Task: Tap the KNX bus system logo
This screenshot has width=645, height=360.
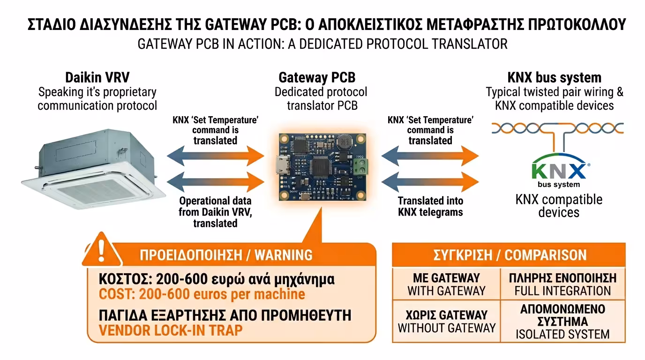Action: click(559, 171)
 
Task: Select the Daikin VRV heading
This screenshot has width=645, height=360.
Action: click(97, 77)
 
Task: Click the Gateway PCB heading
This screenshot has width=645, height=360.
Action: click(317, 77)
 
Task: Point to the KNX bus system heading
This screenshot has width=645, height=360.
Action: click(554, 77)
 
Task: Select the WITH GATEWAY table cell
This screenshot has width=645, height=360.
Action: click(446, 285)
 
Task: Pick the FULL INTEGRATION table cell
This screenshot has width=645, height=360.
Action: click(562, 285)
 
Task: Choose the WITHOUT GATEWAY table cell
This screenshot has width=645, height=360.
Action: click(446, 321)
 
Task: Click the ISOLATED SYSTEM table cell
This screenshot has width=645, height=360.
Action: click(562, 322)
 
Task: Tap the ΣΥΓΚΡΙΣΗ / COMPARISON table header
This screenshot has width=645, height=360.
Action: click(509, 255)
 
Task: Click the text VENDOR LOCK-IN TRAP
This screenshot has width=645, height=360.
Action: click(171, 330)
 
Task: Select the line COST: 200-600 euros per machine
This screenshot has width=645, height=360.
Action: click(202, 294)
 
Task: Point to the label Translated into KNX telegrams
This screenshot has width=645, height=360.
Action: click(430, 206)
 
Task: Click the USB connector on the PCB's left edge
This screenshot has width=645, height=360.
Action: click(281, 167)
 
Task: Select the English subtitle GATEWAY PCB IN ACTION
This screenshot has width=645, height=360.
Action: click(322, 44)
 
